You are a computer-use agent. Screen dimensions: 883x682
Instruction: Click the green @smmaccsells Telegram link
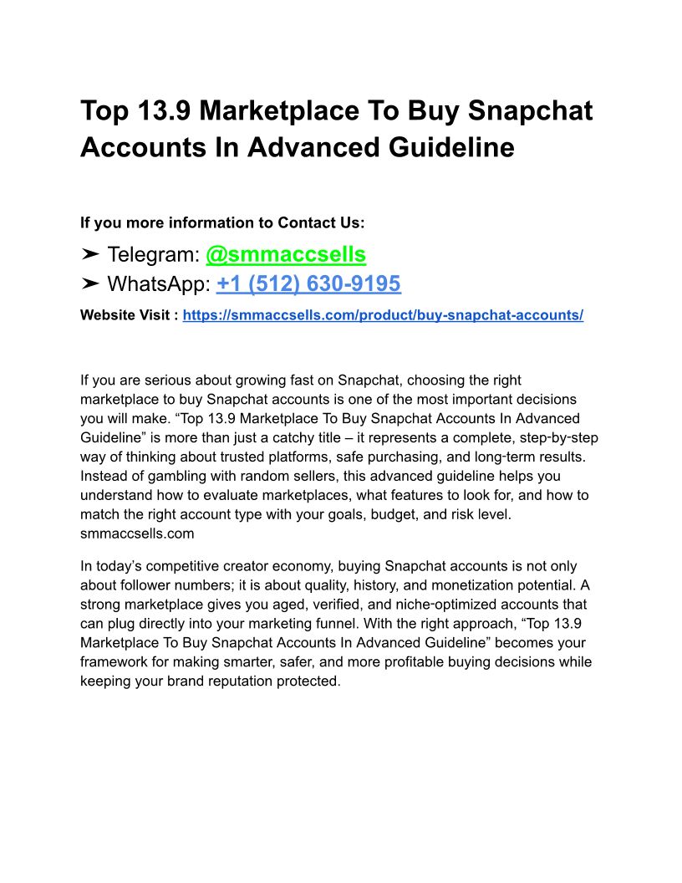pos(286,254)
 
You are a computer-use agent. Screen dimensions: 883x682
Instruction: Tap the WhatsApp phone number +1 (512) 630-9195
pos(308,284)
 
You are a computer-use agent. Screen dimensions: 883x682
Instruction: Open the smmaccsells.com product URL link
pos(383,315)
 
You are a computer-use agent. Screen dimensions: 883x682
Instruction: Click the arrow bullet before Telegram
pos(91,254)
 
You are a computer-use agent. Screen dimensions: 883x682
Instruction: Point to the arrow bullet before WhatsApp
pos(91,284)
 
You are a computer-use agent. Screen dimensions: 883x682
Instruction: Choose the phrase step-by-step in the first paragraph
pos(557,437)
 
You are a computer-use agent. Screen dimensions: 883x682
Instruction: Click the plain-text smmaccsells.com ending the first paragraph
pos(137,533)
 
